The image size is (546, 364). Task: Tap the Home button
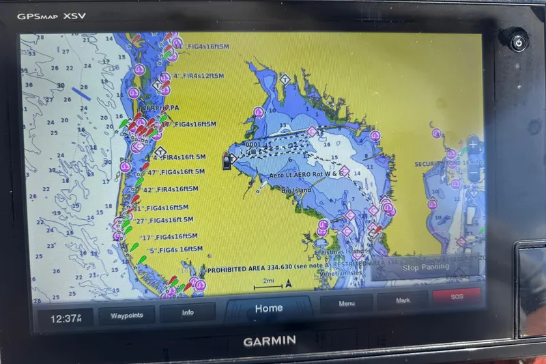click(268, 309)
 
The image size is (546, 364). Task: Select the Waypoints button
click(126, 315)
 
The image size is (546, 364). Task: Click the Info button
click(188, 313)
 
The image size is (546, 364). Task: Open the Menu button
click(347, 303)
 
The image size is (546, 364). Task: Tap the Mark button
click(403, 300)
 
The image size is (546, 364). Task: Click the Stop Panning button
click(425, 267)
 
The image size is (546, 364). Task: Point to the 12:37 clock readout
click(66, 318)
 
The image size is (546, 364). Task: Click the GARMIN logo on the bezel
click(270, 339)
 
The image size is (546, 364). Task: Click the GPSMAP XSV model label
click(52, 16)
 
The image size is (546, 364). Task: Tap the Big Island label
click(296, 190)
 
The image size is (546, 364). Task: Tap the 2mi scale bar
click(272, 283)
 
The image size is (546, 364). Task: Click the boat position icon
click(226, 160)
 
